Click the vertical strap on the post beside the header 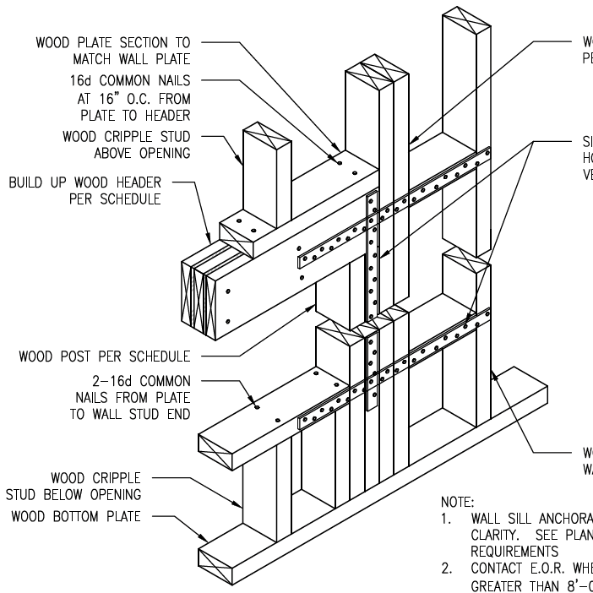370,253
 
